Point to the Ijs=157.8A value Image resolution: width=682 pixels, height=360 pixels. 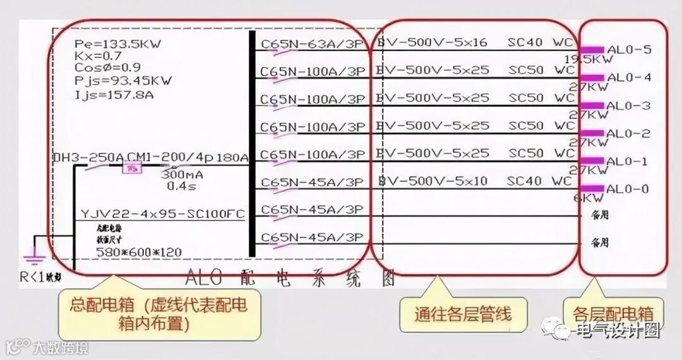114,95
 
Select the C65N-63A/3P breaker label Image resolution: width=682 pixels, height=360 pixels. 313,44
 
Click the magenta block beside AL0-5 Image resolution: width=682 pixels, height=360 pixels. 592,50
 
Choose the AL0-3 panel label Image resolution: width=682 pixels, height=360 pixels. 628,105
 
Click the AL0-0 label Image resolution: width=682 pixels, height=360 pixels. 627,189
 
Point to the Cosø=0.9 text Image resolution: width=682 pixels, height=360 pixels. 107,68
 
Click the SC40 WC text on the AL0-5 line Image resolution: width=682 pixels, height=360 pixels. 541,42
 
